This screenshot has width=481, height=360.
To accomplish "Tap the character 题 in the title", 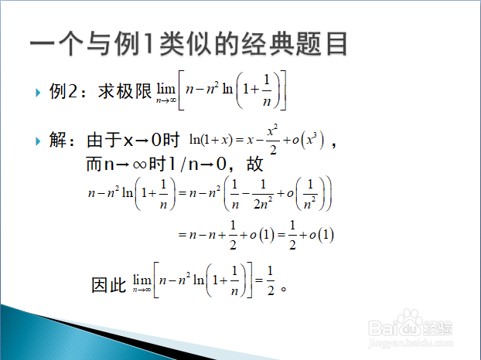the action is [x=309, y=43].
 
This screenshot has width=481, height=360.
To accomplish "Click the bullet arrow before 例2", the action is [x=38, y=93].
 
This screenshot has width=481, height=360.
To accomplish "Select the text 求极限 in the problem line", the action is [x=125, y=91].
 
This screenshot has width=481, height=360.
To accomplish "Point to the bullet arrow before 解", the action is [x=38, y=141].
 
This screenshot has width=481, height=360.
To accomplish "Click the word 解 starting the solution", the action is [x=58, y=140].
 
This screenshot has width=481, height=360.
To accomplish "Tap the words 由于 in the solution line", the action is [x=104, y=140].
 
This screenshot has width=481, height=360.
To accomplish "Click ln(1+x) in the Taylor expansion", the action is [x=211, y=140].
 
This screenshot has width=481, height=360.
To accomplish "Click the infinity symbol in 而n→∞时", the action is [x=139, y=165].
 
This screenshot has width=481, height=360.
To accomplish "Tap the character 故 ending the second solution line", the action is [x=255, y=164].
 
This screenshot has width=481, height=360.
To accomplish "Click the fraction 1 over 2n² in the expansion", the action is [x=263, y=194].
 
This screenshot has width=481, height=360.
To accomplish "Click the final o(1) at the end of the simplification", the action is [x=322, y=235].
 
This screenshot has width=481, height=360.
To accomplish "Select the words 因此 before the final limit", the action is [x=109, y=285].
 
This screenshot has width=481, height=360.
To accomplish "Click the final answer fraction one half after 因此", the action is [x=270, y=281].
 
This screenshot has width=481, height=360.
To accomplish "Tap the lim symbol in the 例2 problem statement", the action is [x=166, y=93].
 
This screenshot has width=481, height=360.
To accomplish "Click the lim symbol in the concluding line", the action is [x=142, y=284].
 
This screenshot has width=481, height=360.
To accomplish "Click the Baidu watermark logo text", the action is [x=410, y=326].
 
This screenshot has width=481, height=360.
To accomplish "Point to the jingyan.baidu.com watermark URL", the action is [x=411, y=343].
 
